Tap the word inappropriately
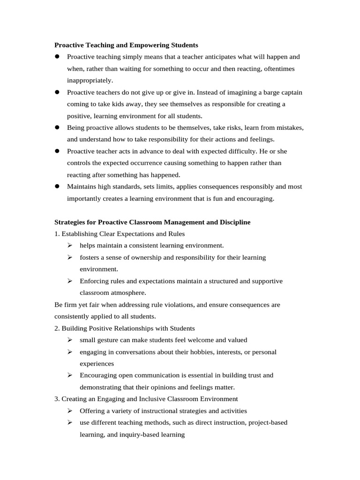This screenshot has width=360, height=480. coord(90,80)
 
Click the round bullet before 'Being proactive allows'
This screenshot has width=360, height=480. coord(57,127)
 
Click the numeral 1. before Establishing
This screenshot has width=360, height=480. coord(57,234)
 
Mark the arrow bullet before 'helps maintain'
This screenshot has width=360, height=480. coord(70,246)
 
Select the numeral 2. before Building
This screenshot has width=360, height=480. coord(57,328)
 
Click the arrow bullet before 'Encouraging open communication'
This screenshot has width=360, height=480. coord(70,375)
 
